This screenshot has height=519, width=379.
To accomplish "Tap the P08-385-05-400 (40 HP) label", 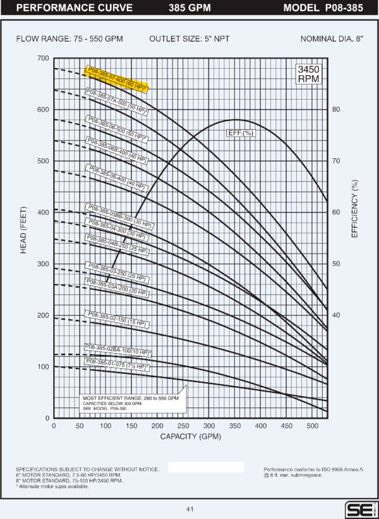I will [116, 177].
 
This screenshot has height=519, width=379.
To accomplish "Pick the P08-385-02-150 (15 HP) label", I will [116, 318].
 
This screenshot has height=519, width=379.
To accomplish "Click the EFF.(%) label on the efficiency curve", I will [239, 134].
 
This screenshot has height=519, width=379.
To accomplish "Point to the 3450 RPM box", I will [309, 74].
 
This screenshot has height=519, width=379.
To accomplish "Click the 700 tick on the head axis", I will [43, 59].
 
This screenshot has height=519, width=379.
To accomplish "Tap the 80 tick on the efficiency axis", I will [337, 110].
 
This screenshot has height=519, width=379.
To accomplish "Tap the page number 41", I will [189, 509].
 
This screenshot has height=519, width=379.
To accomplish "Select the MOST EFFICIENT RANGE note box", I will [130, 404].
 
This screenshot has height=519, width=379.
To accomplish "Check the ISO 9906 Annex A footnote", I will [308, 472].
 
